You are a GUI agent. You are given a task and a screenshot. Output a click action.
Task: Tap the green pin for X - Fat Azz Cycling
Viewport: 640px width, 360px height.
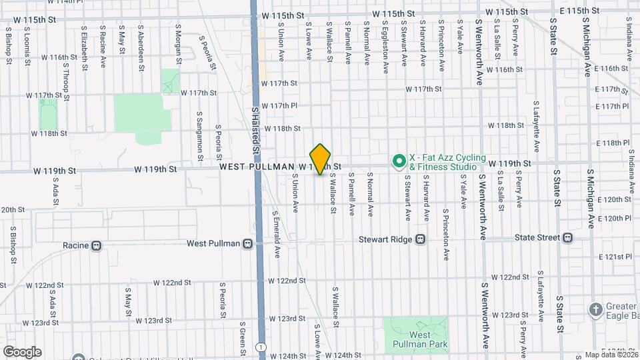point(399,161)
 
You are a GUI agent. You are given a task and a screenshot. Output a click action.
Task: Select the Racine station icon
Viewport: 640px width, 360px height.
point(97,245)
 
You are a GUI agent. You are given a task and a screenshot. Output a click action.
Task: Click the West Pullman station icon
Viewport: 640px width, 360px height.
point(247,244)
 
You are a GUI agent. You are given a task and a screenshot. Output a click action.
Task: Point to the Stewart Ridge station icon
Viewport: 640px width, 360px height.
point(421,239)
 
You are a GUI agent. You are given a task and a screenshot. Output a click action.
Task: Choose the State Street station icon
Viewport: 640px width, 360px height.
point(567,237)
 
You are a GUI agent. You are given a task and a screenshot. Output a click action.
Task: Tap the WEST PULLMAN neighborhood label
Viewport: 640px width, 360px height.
point(257,166)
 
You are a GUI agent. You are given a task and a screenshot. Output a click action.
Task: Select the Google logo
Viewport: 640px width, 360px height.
point(22,352)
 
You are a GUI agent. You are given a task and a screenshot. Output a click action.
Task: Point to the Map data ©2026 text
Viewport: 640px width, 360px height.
point(611,355)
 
